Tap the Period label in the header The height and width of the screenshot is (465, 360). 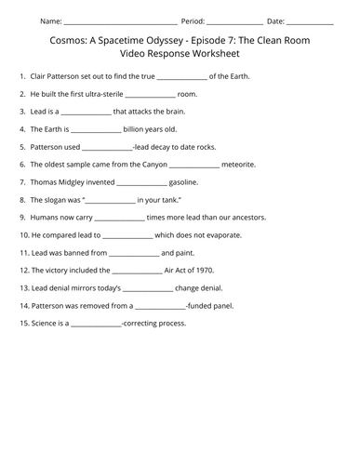[193, 20]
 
